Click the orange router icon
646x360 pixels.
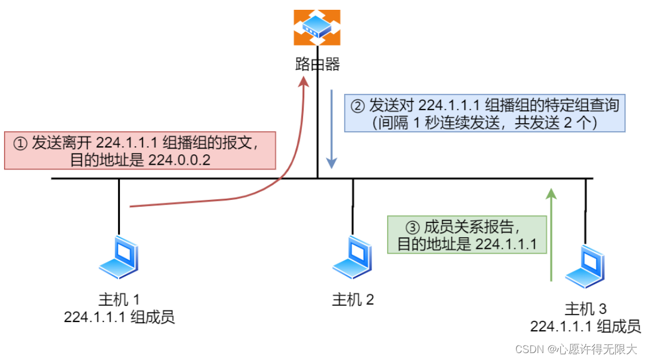point(317,28)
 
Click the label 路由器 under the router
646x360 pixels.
point(318,63)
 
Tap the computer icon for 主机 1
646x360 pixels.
point(119,257)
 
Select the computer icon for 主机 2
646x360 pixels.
point(353,257)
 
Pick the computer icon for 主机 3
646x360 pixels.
point(585,266)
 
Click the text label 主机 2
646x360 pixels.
point(353,300)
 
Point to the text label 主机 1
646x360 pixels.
point(119,300)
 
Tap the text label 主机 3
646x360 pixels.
point(585,309)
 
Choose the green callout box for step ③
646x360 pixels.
point(467,235)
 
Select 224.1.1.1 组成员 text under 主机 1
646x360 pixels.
point(119,317)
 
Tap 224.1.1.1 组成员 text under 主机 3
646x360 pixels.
point(585,327)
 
